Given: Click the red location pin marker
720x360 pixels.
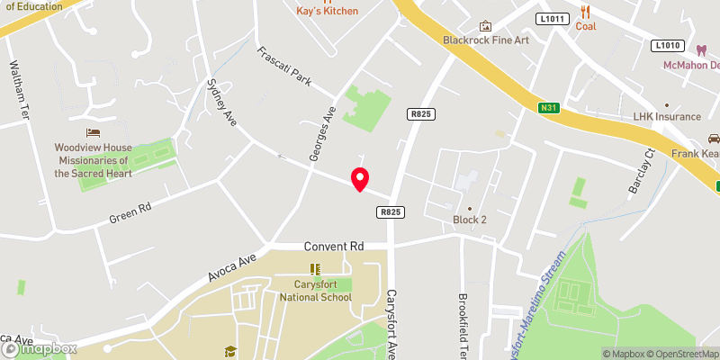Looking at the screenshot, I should click(360, 179).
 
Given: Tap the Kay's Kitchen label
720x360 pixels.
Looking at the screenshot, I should click(328, 11).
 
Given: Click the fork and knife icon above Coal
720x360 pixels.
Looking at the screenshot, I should click(585, 11).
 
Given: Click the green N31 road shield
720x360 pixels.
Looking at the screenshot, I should click(550, 109).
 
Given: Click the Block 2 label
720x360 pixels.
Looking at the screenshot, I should click(469, 220).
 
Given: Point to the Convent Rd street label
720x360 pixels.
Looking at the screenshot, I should click(334, 245).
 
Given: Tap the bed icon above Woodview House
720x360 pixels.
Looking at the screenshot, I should click(93, 132).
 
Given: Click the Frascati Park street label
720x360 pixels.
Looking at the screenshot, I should click(283, 67).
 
